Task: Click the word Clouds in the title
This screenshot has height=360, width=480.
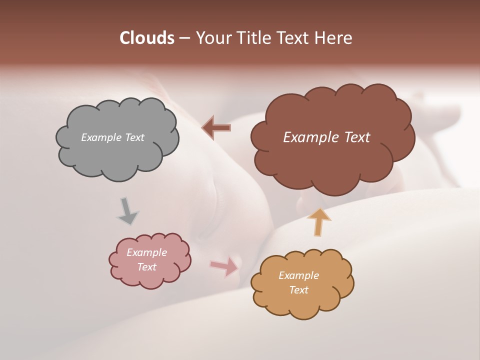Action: point(146,38)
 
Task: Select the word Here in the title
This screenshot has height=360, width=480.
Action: point(334,38)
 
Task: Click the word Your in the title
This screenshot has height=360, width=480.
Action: point(213,38)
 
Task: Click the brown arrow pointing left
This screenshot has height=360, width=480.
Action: point(216,127)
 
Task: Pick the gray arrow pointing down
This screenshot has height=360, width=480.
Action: point(127,211)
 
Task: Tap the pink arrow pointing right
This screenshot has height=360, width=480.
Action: point(224,266)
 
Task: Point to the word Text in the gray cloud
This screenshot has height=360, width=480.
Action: point(134,137)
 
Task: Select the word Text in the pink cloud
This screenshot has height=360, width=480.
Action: point(147,267)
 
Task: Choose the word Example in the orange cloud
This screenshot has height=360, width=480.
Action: point(298,275)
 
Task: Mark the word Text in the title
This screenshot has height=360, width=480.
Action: point(292,38)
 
